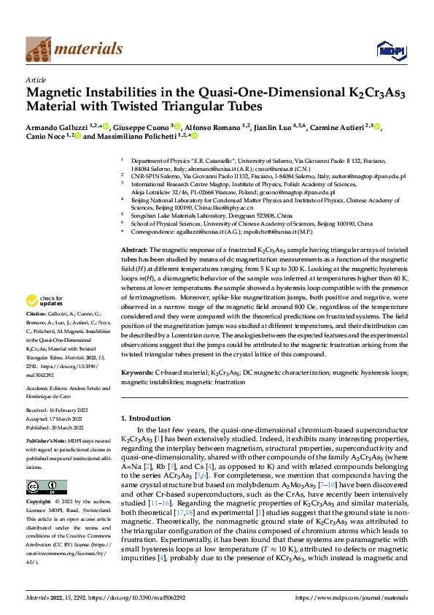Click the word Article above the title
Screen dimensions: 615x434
click(36, 80)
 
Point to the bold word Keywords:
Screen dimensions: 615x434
click(137, 373)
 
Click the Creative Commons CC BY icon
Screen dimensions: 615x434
click(46, 487)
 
